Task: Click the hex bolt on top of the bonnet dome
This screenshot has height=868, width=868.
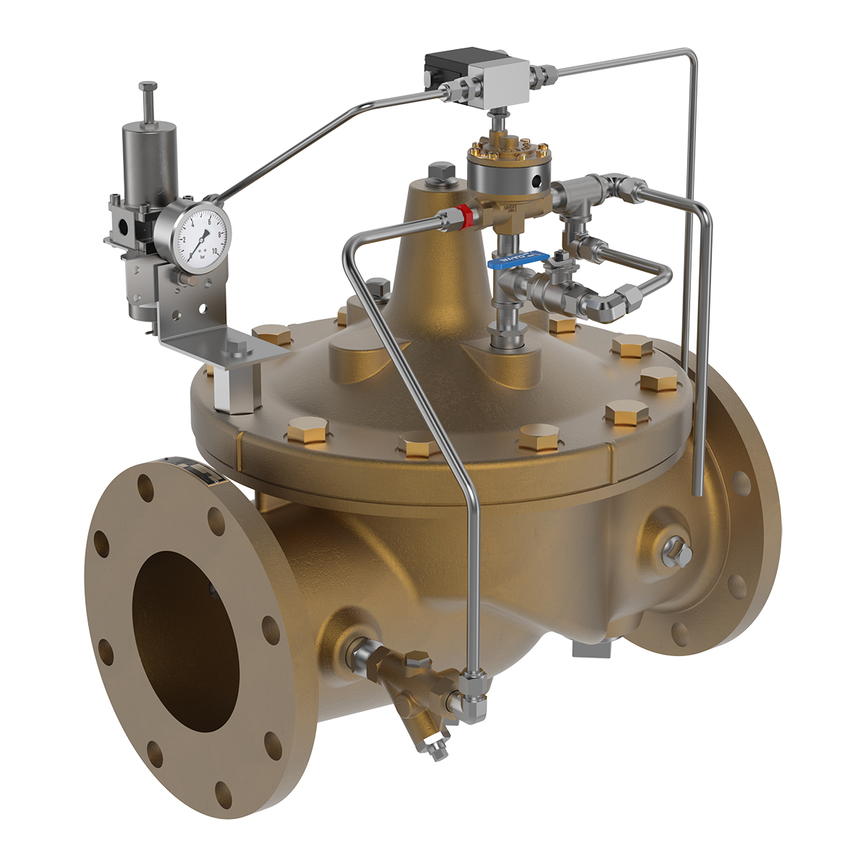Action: tap(441, 173)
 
